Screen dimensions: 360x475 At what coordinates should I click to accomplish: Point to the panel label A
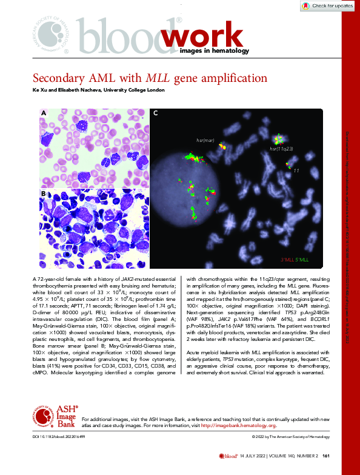[44, 113]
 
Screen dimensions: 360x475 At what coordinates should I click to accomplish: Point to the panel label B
[44, 193]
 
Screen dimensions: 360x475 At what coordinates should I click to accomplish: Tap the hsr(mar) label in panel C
[205, 140]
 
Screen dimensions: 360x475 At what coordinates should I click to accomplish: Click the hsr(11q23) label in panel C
[281, 148]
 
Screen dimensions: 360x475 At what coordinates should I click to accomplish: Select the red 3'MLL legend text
[288, 260]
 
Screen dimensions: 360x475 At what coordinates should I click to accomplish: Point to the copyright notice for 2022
[290, 437]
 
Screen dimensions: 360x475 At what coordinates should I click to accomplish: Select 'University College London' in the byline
[134, 90]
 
